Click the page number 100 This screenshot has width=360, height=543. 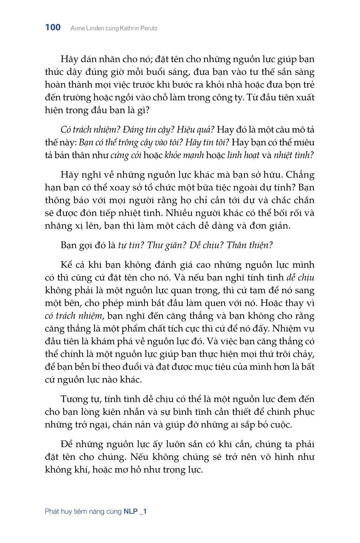(53, 27)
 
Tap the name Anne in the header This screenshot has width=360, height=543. (78, 28)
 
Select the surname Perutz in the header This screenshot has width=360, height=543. (148, 28)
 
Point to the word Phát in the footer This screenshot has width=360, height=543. (52, 511)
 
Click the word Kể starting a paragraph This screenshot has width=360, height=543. (66, 265)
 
